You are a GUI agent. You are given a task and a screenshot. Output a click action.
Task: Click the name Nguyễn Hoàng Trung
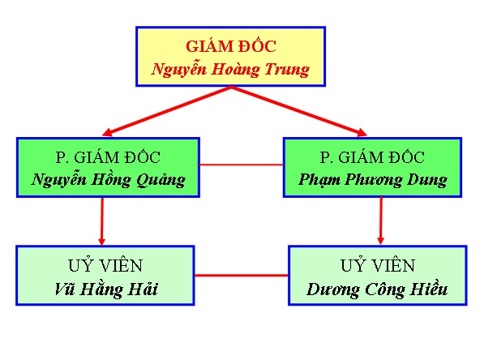[230, 69]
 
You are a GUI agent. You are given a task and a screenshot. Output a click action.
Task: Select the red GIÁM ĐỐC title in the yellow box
[230, 45]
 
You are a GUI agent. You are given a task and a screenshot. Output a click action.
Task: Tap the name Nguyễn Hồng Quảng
[108, 180]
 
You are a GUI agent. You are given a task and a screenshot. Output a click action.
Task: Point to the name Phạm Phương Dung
[373, 180]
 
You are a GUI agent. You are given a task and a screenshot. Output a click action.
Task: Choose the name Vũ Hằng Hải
[106, 289]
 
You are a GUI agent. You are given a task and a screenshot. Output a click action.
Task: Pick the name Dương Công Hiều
[378, 289]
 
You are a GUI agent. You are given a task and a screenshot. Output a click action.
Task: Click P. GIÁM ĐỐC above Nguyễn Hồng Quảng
[108, 157]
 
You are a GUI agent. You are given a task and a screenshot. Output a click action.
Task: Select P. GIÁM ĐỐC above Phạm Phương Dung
[373, 157]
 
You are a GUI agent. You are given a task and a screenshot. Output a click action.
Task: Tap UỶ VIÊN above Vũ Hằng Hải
[106, 266]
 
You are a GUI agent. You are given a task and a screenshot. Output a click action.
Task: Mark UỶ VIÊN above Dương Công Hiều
[378, 266]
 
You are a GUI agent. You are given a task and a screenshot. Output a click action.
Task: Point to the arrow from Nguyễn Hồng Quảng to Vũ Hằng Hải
[102, 221]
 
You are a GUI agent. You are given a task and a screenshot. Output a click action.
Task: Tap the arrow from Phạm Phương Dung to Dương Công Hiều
[380, 221]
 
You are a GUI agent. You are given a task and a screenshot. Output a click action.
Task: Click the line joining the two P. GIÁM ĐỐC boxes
[241, 165]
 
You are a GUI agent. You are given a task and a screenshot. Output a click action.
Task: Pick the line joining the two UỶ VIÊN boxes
[242, 276]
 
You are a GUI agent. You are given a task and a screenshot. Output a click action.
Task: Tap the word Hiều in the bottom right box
[428, 289]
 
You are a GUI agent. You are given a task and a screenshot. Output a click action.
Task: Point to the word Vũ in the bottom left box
[65, 289]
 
